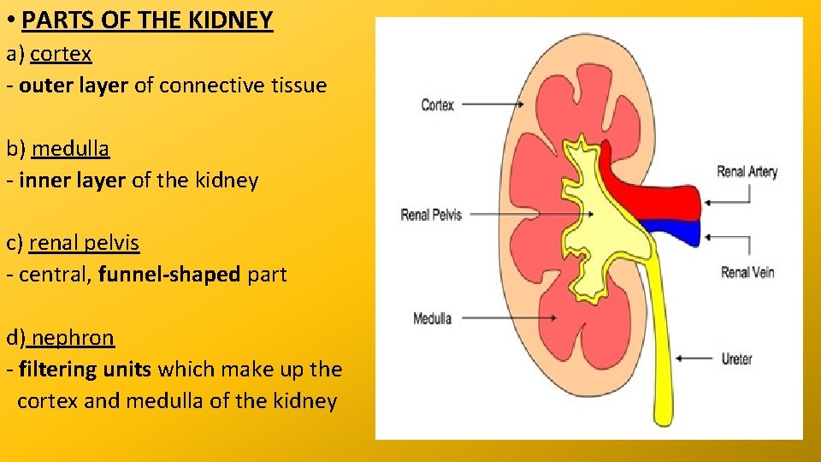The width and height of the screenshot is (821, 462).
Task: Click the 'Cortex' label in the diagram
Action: [x=437, y=105]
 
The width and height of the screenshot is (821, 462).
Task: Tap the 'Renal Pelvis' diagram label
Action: [x=431, y=215]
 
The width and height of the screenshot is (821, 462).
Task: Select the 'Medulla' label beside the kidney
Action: [x=432, y=319]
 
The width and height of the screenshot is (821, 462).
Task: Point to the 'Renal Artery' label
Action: [x=747, y=172]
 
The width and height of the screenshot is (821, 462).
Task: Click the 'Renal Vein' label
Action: [x=747, y=273]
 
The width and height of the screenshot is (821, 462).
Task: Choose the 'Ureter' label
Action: [x=736, y=358]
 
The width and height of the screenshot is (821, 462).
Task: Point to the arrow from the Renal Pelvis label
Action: [x=530, y=214]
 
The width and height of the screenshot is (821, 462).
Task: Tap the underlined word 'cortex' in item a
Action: [x=61, y=54]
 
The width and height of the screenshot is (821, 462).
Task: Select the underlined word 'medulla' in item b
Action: [x=70, y=149]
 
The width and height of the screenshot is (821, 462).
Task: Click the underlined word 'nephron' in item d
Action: [x=73, y=338]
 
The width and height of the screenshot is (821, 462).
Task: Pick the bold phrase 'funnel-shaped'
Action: [x=169, y=275]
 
